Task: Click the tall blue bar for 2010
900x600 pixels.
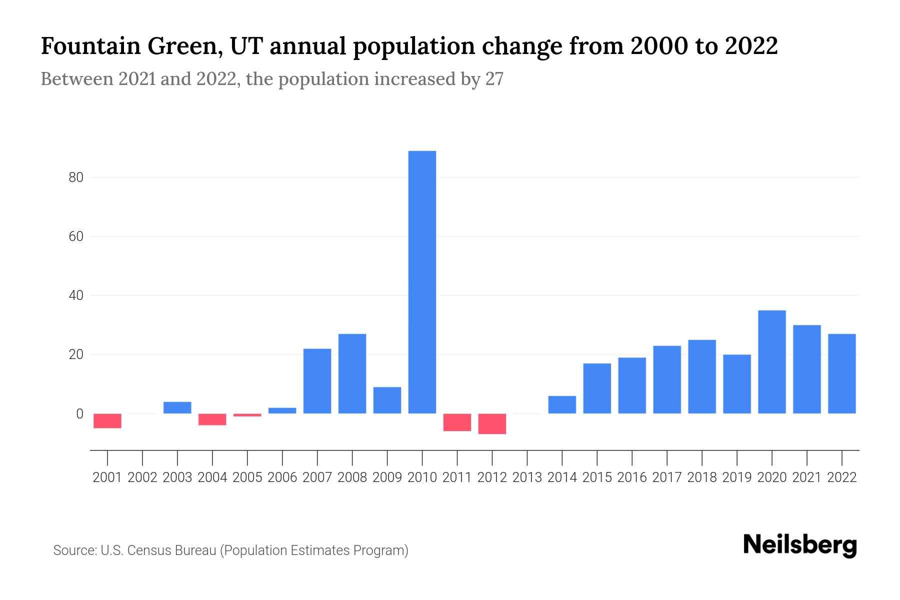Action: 422,282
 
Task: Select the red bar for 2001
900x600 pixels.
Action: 107,421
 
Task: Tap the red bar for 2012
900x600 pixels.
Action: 492,423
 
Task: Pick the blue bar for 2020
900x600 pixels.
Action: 772,362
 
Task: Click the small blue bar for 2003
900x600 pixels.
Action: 177,407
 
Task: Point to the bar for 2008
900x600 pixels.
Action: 352,373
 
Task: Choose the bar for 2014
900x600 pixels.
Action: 562,404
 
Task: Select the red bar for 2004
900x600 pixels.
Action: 212,419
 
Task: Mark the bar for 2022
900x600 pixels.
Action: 842,373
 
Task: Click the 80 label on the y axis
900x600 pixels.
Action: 76,177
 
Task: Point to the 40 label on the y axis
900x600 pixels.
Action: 76,295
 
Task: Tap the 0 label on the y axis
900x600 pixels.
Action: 79,414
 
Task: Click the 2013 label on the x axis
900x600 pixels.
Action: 527,477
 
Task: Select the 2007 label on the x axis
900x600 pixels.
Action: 317,477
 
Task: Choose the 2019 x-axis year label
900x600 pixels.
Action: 737,477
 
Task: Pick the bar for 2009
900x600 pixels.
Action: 387,400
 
